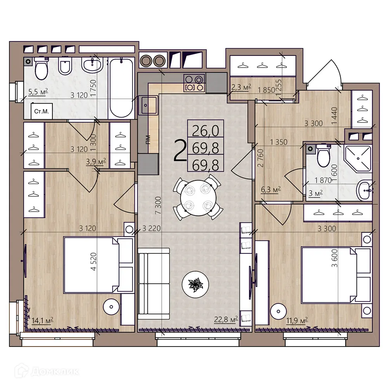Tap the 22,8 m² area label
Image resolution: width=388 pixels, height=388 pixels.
point(226,320)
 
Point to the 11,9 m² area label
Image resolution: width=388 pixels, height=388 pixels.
point(296,320)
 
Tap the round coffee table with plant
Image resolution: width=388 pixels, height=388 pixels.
point(196,284)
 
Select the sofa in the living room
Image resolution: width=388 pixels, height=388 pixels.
point(154,284)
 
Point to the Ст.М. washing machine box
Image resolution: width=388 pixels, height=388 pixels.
point(41,111)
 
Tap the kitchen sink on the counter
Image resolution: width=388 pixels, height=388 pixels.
point(149,104)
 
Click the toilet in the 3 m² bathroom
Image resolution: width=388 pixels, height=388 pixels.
point(323,155)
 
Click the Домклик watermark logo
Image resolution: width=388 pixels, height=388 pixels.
point(45,371)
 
